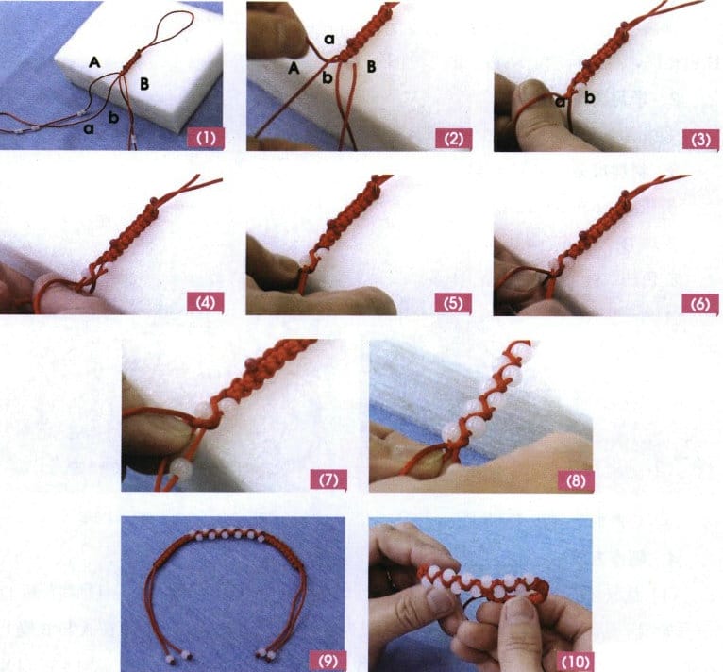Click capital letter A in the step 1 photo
point(94,61)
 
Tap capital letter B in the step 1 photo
point(144,85)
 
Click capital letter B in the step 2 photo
point(371,67)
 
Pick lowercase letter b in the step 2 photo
point(326,78)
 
